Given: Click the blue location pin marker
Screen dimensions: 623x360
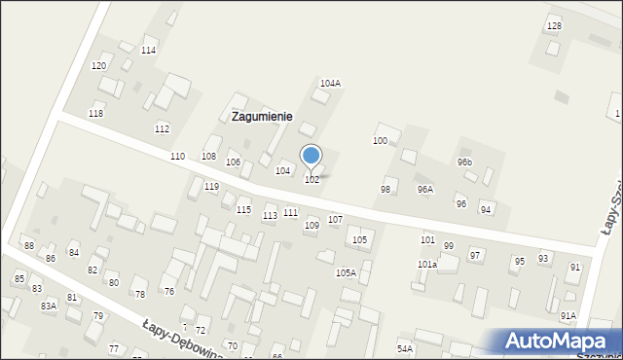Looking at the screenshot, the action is click(x=311, y=156).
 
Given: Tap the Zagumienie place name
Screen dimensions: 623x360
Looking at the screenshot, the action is click(x=262, y=116).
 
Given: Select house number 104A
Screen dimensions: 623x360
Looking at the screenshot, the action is click(x=330, y=84).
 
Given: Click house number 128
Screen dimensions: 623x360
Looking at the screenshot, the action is click(x=554, y=25).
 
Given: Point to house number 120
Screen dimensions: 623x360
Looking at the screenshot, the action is click(x=98, y=65).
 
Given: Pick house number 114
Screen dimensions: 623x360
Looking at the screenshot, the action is click(x=149, y=50).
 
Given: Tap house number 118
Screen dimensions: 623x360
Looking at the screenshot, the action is click(x=95, y=114).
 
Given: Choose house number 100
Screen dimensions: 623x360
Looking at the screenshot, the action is click(x=380, y=141).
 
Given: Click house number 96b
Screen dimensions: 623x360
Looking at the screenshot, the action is click(x=464, y=162).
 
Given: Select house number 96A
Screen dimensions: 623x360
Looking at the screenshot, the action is click(x=424, y=189).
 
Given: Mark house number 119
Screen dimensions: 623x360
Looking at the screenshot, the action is click(x=211, y=186).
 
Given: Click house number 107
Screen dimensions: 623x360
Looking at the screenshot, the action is click(x=335, y=220).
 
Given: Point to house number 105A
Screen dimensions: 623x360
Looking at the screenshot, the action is click(x=346, y=273).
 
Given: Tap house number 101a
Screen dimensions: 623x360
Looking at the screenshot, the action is click(x=426, y=265).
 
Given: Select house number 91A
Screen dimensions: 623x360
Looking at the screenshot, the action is click(x=568, y=316).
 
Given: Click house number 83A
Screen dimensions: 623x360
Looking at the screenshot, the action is click(x=49, y=306).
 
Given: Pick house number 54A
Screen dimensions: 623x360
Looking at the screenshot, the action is click(x=405, y=347).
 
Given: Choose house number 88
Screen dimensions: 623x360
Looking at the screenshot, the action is click(x=28, y=246).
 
